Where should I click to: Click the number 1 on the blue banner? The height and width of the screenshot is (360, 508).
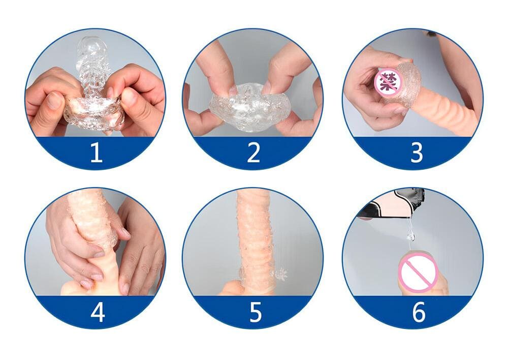tap(96, 152)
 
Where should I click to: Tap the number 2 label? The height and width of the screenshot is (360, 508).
tap(253, 152)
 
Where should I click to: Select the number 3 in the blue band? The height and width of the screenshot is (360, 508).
tap(416, 152)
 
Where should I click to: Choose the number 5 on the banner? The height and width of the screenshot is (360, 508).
tap(255, 312)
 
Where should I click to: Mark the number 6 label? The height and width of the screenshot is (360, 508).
tap(418, 312)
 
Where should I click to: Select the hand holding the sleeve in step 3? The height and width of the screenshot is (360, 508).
tap(368, 97)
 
